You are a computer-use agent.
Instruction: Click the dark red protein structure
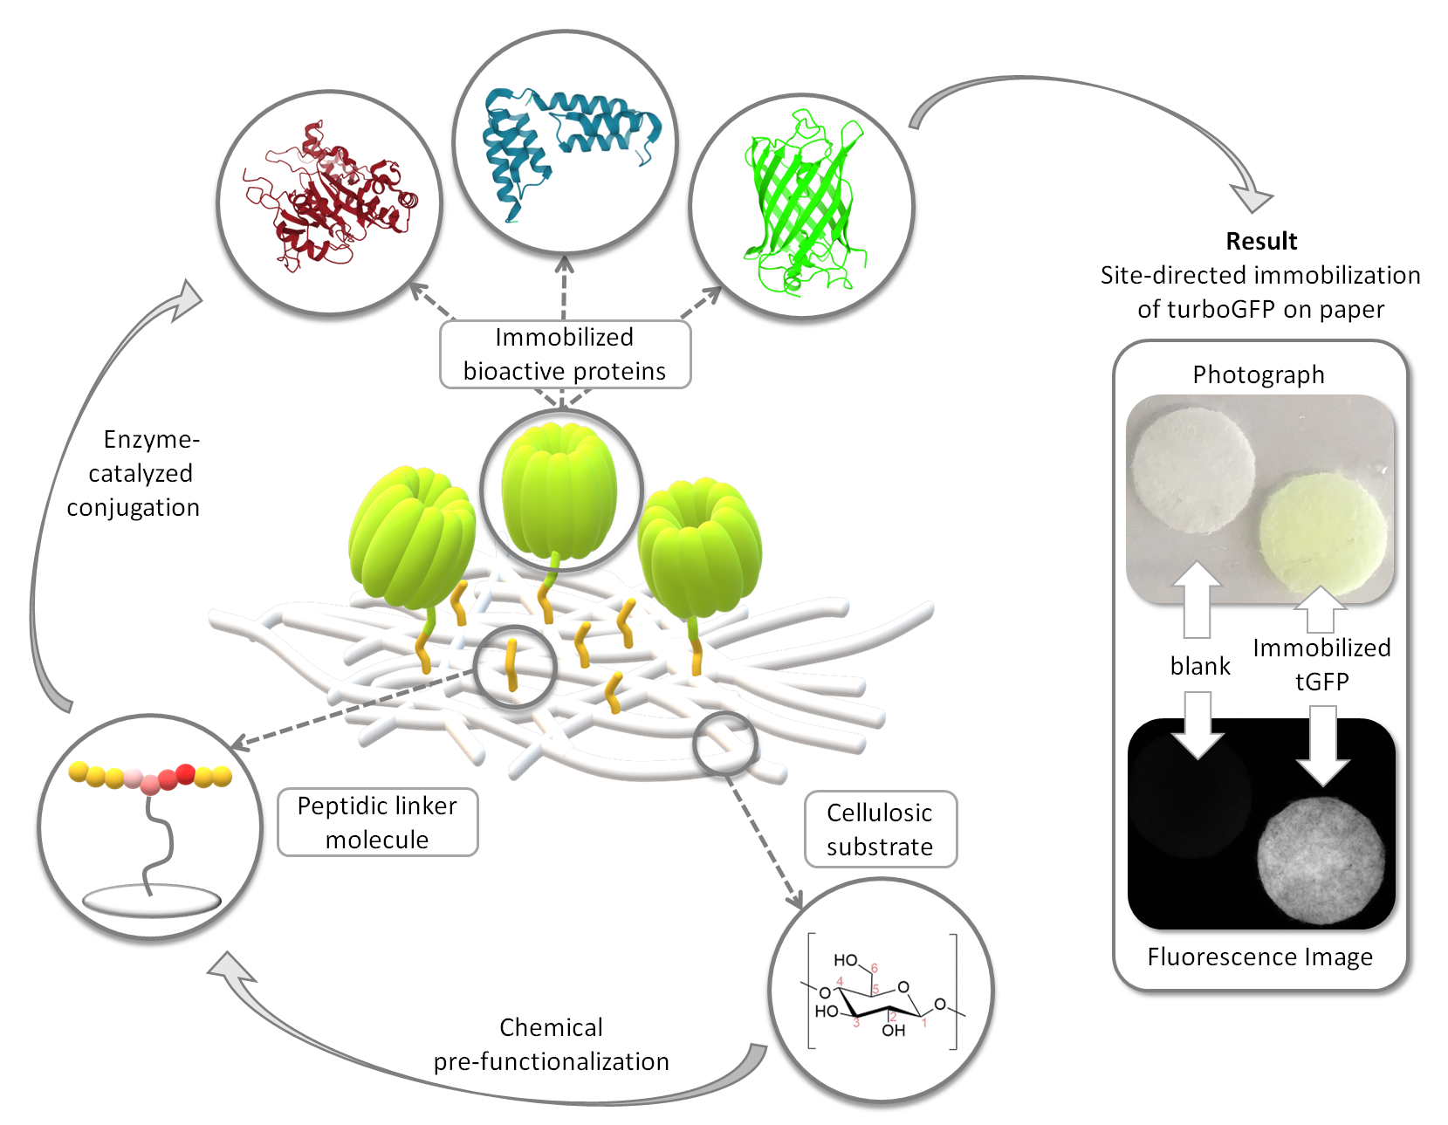(x=330, y=196)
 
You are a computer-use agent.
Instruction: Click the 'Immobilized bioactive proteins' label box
(x=565, y=354)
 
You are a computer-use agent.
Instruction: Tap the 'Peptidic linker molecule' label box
(x=377, y=823)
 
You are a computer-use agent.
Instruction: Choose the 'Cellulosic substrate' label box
(x=881, y=829)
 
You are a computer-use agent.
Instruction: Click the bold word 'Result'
(x=1260, y=241)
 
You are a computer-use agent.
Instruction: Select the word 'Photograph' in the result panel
(x=1258, y=374)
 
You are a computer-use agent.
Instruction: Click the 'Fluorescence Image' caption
(x=1259, y=957)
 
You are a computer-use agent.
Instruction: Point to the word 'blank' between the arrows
(x=1199, y=665)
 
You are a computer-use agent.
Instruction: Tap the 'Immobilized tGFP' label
(x=1321, y=664)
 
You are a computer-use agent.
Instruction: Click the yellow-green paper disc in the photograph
(x=1322, y=533)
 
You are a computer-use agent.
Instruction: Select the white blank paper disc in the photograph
(x=1193, y=471)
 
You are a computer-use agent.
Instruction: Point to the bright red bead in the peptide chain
(x=185, y=773)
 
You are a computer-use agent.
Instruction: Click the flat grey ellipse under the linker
(x=151, y=901)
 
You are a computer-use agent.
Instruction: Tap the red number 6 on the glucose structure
(x=874, y=967)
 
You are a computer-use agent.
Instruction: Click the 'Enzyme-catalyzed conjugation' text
(x=134, y=473)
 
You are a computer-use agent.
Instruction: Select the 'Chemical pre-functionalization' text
(x=551, y=1044)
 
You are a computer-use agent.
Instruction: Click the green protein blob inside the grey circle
(x=559, y=490)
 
